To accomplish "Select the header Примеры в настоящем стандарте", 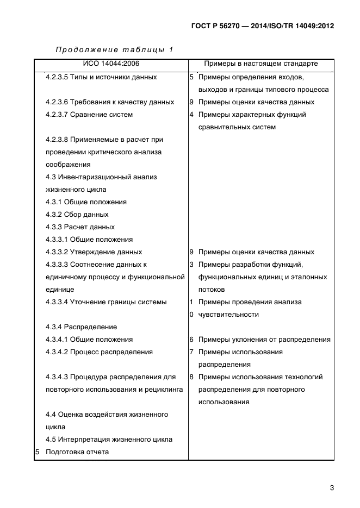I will pos(260,64).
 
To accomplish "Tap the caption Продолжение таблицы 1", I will pos(114,50).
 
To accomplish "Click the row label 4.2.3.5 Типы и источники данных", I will pos(101,77).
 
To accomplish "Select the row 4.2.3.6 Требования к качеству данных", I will pos(110,102).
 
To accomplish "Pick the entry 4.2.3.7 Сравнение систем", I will pos(89,115).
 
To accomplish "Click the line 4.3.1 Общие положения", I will pos(86,202).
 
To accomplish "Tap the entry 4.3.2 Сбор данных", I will pos(77,215).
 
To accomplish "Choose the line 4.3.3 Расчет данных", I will pos(80,227).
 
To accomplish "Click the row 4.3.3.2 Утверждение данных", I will pos(94,252).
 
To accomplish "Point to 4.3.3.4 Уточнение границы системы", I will pos(106,302).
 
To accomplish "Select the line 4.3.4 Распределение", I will pos(82,327).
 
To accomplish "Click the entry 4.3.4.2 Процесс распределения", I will pos(99,352).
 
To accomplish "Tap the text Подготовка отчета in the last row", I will pos(77,452).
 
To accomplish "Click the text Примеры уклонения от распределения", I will pos(264,340).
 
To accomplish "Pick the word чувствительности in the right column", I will pos(228,315).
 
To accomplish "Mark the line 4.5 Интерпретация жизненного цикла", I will pos(109,440).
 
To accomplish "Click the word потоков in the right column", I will pos(212,290).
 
